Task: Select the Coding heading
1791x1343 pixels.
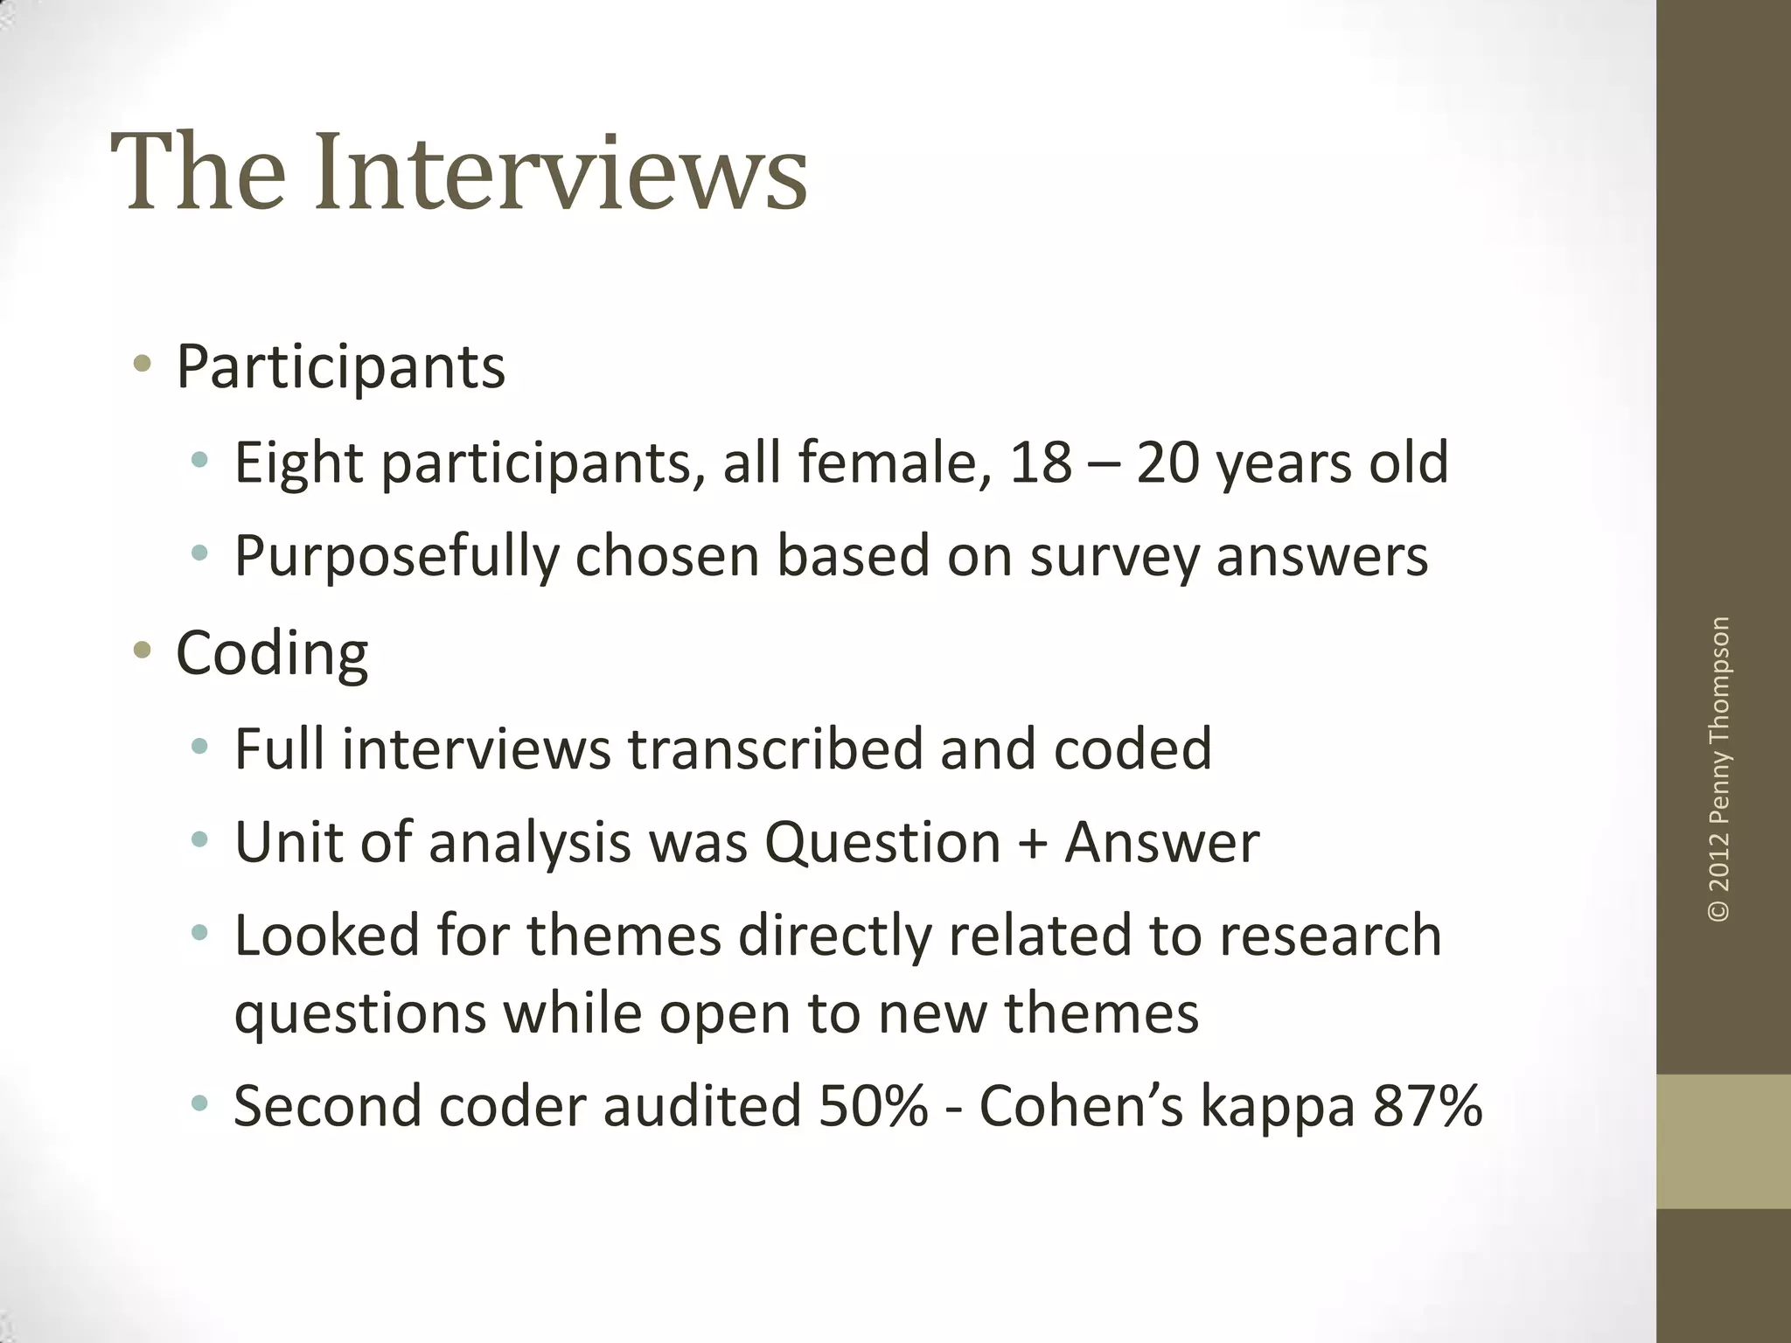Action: (x=272, y=653)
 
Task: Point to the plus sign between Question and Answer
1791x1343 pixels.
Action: (x=1032, y=844)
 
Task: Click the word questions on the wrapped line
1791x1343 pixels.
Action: (x=359, y=1014)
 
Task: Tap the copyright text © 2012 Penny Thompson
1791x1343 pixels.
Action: (x=1718, y=769)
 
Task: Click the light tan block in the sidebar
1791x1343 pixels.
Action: (x=1723, y=1141)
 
